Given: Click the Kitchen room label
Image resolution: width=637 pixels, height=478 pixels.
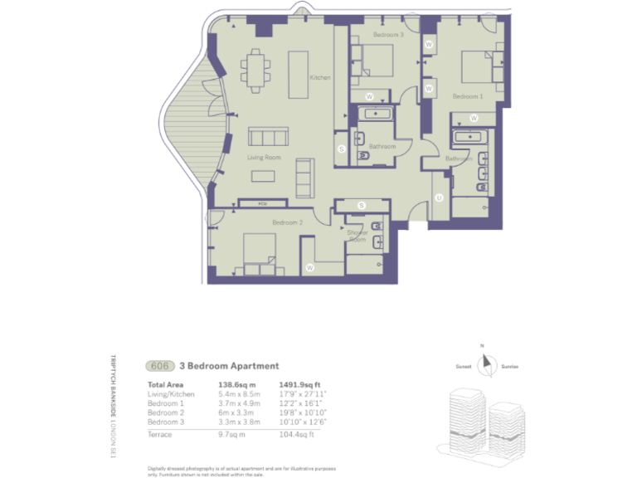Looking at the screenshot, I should pyautogui.click(x=320, y=78).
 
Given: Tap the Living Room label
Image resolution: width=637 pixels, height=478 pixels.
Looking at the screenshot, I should pyautogui.click(x=264, y=157).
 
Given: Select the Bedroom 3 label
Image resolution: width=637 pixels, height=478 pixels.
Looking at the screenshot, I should pyautogui.click(x=387, y=35).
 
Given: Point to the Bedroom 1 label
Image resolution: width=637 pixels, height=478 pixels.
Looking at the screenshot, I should pyautogui.click(x=466, y=96).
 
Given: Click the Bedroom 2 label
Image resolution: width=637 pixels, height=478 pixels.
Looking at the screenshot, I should pyautogui.click(x=288, y=222).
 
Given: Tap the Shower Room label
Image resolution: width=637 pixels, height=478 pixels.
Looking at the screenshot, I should pyautogui.click(x=357, y=236).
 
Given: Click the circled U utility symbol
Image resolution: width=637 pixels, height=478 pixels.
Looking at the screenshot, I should pyautogui.click(x=438, y=198).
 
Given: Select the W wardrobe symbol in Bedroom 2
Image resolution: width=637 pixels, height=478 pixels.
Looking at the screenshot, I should pyautogui.click(x=309, y=267).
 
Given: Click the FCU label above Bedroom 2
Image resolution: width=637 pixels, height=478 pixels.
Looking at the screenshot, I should pyautogui.click(x=262, y=202).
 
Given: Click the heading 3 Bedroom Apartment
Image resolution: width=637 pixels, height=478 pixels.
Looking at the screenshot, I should pyautogui.click(x=223, y=366).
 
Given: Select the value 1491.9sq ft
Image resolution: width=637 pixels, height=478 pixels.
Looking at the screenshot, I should pyautogui.click(x=300, y=385).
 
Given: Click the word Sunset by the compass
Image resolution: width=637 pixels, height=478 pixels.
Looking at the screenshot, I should pyautogui.click(x=463, y=366).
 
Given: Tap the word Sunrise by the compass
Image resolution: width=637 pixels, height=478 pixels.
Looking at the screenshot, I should pyautogui.click(x=509, y=366).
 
